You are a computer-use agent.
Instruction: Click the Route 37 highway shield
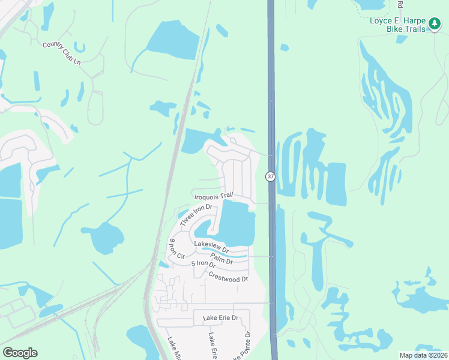(x=271, y=176)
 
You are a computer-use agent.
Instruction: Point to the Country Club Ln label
(x=62, y=53)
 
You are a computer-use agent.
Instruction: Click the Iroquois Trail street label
(x=213, y=196)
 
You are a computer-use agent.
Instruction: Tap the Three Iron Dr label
(x=196, y=215)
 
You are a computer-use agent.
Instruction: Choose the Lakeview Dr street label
(x=211, y=246)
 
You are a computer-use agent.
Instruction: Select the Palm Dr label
(x=221, y=258)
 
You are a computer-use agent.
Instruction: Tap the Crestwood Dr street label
(x=228, y=277)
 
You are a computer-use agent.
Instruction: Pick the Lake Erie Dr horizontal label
(x=220, y=317)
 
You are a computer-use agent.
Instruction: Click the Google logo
(x=20, y=353)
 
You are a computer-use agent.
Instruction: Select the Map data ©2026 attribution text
(x=424, y=355)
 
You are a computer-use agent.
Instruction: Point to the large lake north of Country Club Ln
(x=173, y=41)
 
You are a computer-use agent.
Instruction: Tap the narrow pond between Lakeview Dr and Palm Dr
(x=231, y=256)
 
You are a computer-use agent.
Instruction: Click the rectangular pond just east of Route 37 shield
(x=335, y=183)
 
